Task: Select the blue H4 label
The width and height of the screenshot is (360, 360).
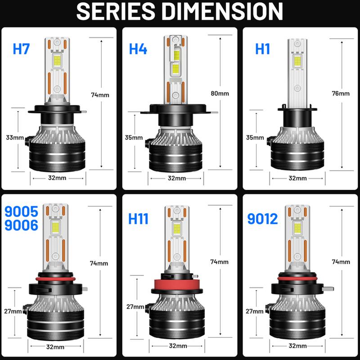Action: click(138, 49)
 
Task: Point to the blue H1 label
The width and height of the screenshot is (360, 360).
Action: click(263, 49)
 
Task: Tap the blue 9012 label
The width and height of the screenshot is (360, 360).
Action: click(263, 219)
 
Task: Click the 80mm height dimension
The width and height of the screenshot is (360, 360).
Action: click(220, 94)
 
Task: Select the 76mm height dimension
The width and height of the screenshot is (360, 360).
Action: click(341, 94)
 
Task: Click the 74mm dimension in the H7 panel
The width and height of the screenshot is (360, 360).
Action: click(99, 95)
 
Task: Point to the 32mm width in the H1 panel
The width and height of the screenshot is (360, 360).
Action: click(297, 178)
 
